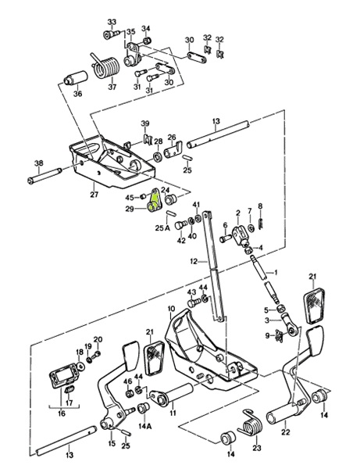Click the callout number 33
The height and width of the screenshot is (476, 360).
click(x=111, y=21)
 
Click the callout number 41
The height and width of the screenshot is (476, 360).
click(x=197, y=206)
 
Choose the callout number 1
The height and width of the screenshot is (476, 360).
click(x=274, y=271)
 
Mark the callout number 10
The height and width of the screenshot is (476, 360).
click(x=171, y=310)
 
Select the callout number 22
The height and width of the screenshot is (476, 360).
click(x=285, y=431)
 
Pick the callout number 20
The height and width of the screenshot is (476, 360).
click(x=98, y=339)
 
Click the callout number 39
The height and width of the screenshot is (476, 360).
click(x=144, y=123)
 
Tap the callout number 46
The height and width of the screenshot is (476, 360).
click(x=128, y=381)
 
